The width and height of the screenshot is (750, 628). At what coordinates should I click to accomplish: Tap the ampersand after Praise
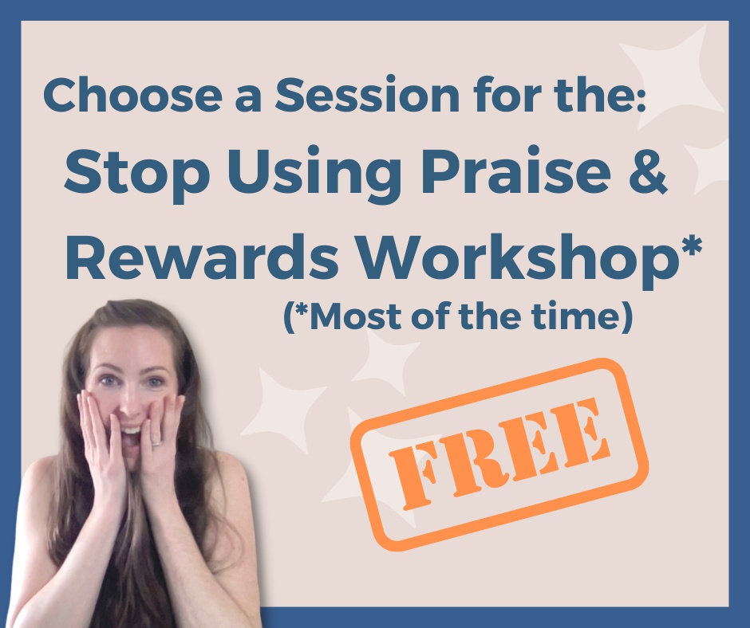click(x=646, y=176)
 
